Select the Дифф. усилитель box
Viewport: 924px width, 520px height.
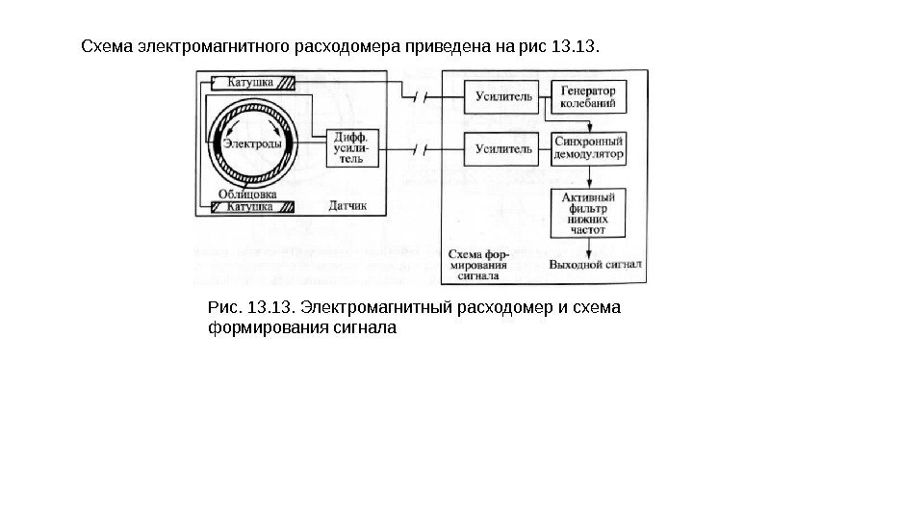tap(349, 149)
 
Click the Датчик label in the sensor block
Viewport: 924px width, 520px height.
tap(348, 206)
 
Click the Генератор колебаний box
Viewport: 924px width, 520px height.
tap(587, 96)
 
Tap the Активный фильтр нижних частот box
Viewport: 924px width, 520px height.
tap(587, 214)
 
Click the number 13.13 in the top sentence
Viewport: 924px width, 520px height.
tap(577, 45)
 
